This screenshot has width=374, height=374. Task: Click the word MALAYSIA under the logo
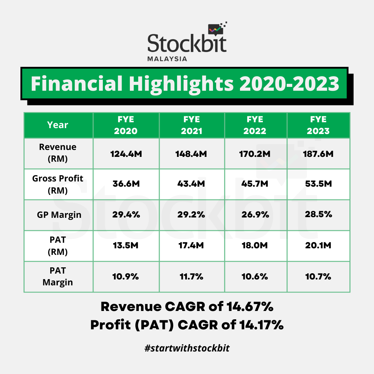tap(167, 59)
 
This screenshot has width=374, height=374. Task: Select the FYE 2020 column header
tap(126, 125)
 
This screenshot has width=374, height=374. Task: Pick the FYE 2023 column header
tap(318, 125)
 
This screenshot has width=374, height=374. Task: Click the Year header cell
tap(58, 125)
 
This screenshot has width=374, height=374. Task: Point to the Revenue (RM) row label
tap(58, 153)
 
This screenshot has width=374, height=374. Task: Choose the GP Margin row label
tap(59, 215)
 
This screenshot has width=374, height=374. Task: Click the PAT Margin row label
tap(58, 276)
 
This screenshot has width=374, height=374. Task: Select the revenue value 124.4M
tap(126, 154)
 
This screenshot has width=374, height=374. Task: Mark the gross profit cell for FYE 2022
tap(255, 184)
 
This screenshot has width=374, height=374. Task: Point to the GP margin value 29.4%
tap(126, 215)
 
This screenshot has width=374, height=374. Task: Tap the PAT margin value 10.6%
tap(255, 276)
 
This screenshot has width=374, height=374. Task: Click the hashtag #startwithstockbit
tap(187, 348)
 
